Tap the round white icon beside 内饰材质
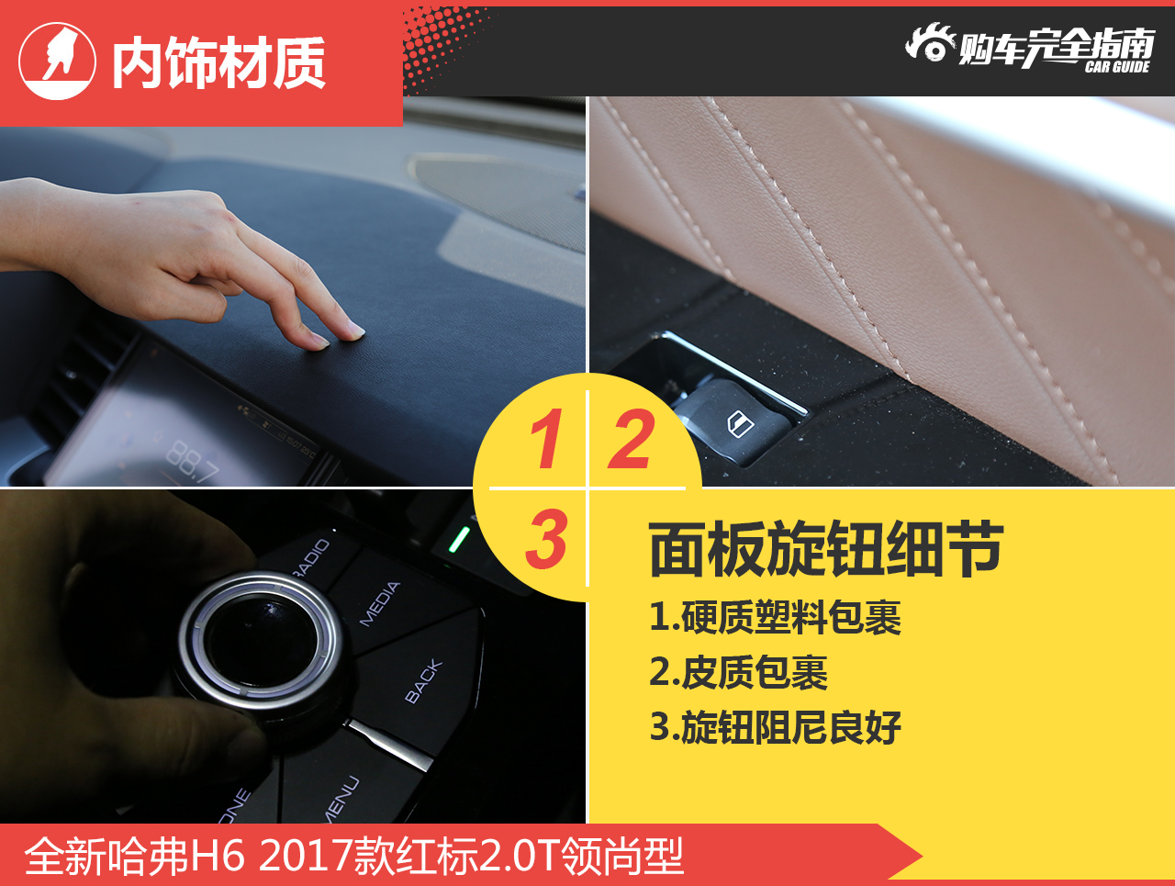(x=57, y=62)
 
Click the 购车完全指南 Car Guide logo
(x=1030, y=48)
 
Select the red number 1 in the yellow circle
(x=546, y=440)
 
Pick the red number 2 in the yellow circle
(x=632, y=440)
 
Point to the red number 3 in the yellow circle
(x=546, y=539)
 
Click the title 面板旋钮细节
(x=826, y=550)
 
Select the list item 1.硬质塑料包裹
(x=775, y=618)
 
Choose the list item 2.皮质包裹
(x=738, y=673)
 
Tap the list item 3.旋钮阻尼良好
(x=775, y=727)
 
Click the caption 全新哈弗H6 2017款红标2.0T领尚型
(x=354, y=856)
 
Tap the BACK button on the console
(x=423, y=681)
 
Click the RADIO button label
(x=310, y=559)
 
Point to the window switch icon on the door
(x=739, y=424)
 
